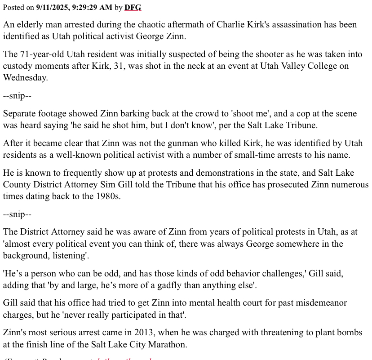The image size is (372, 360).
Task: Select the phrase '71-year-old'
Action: pyautogui.click(x=55, y=54)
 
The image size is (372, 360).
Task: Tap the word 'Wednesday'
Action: pyautogui.click(x=25, y=77)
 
